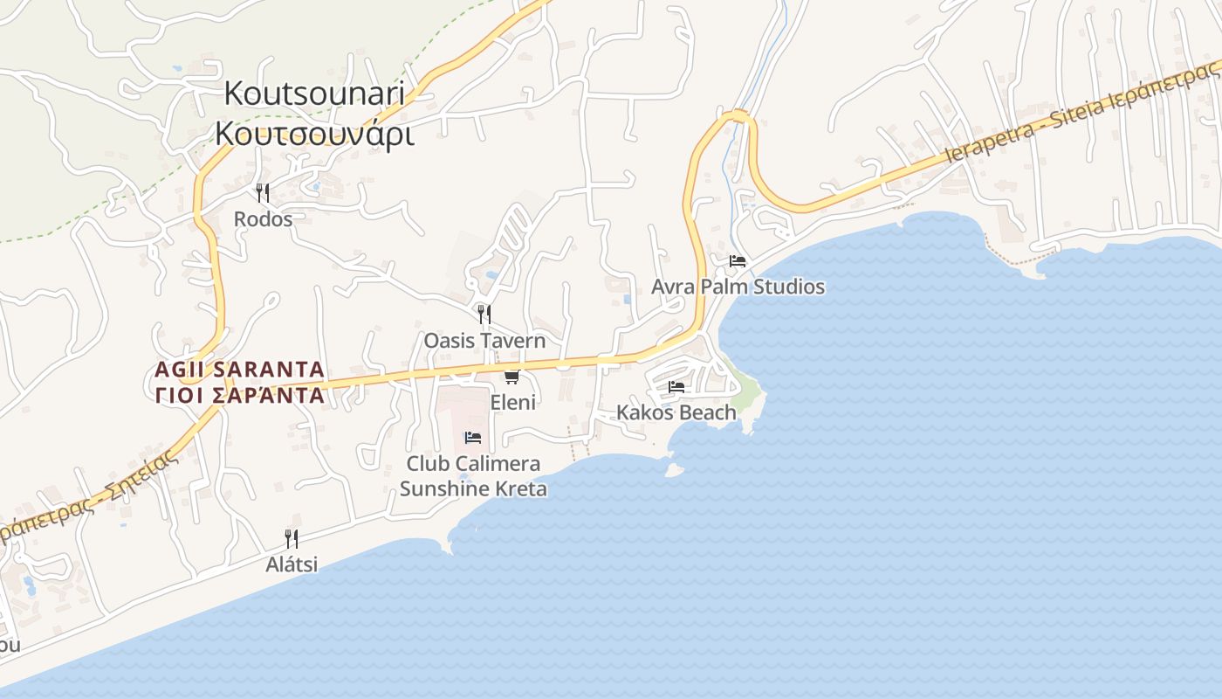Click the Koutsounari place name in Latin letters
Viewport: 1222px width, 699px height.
[314, 93]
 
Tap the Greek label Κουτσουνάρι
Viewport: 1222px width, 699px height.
[314, 133]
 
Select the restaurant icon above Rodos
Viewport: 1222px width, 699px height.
[262, 192]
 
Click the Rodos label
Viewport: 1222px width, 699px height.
[263, 219]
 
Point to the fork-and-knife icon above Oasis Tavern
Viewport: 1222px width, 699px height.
[484, 315]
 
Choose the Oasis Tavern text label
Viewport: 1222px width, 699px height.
[484, 341]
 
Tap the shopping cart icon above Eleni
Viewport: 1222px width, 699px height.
[512, 377]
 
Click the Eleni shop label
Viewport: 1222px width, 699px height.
[513, 403]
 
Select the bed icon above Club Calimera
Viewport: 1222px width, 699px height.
[473, 437]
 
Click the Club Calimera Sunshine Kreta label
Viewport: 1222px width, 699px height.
[473, 476]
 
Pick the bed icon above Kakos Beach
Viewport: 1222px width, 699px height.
[676, 386]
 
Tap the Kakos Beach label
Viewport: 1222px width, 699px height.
[676, 412]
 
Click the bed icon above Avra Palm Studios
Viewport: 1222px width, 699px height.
[738, 260]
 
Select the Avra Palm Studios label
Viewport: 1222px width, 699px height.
[738, 287]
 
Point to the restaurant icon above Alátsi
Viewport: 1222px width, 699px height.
[292, 538]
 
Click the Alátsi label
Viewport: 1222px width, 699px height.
[292, 564]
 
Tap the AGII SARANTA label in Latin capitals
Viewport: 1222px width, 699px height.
[239, 370]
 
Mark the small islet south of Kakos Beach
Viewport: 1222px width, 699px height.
[673, 470]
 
